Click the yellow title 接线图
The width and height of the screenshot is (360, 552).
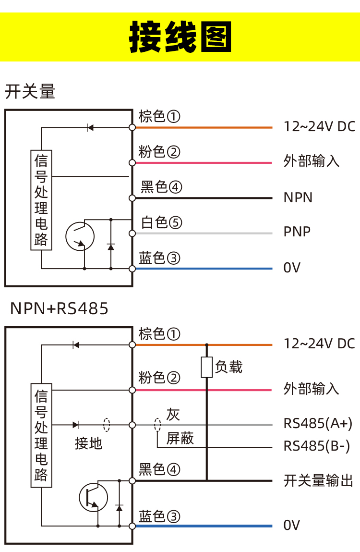tap(180, 37)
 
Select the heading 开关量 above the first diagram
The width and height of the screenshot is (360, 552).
tap(30, 91)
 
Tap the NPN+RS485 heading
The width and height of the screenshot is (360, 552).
tap(60, 308)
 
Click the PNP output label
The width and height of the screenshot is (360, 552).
tap(297, 232)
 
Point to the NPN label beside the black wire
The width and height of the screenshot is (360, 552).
tap(298, 197)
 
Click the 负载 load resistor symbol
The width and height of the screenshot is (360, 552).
tap(207, 368)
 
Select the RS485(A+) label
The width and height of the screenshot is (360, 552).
tap(318, 423)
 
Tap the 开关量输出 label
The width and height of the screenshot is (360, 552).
tap(318, 480)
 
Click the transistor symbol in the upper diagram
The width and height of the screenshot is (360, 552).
tap(80, 236)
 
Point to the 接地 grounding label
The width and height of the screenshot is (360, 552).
tap(88, 443)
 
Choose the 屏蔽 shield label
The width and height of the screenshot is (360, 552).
tap(180, 438)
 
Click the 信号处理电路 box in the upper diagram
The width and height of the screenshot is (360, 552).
tap(41, 200)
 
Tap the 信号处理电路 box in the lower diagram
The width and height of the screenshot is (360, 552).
tap(41, 435)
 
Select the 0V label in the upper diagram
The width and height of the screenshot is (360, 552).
tap(292, 268)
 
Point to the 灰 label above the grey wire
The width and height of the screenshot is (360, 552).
tap(173, 414)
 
